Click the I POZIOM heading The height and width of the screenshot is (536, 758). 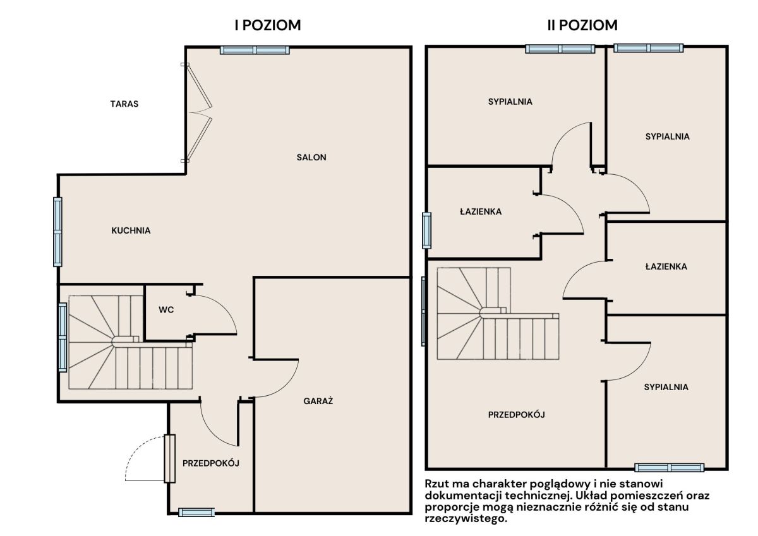268,25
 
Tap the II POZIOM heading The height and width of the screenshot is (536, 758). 582,25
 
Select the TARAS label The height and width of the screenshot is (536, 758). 124,104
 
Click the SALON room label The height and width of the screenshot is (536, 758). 311,157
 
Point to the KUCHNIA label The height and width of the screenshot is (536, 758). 131,230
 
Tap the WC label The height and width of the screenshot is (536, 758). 166,310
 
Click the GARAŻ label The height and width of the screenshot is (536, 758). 318,401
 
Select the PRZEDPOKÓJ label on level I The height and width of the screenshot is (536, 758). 211,463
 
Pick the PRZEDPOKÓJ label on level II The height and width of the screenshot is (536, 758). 517,414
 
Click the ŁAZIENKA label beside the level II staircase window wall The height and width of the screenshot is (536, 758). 481,211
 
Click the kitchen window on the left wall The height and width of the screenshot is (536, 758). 57,232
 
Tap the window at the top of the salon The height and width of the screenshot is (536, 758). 255,51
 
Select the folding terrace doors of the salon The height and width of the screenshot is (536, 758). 198,112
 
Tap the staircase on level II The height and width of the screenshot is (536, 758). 498,314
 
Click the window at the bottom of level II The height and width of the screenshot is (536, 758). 670,468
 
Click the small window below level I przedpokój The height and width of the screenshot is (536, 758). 196,513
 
